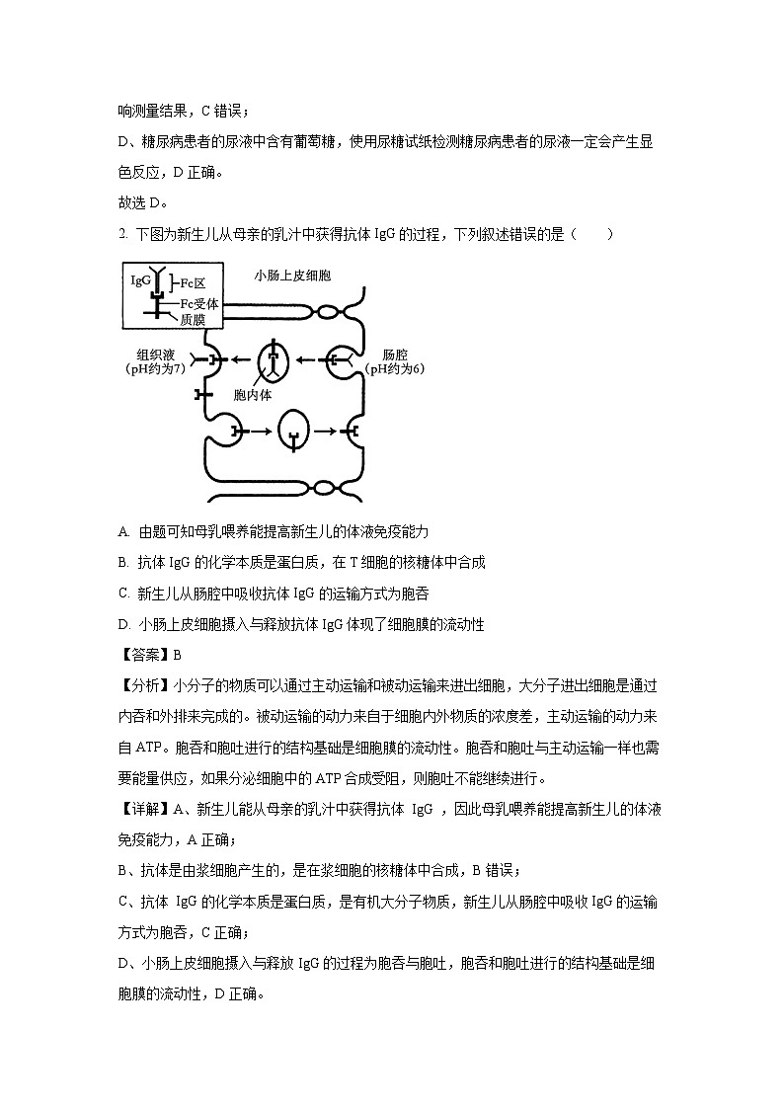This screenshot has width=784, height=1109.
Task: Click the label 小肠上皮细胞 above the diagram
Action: pos(292,276)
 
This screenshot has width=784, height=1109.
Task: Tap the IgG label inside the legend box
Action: pos(140,280)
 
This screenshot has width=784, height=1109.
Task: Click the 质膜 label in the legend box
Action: pos(192,318)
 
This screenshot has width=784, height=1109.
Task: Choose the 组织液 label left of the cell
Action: pos(155,355)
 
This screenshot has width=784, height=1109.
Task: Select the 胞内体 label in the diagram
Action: pos(252,395)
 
